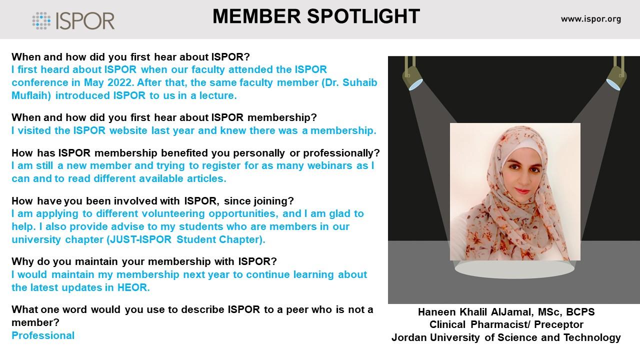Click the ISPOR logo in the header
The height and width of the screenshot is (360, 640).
[x=73, y=20]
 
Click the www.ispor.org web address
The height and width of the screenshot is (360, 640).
[x=591, y=19]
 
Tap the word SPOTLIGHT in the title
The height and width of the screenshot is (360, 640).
[x=363, y=16]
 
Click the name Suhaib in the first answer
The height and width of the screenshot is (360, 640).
[x=359, y=82]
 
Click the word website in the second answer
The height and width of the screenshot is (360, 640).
[x=128, y=130]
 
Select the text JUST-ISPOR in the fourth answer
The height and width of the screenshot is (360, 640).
[x=140, y=239]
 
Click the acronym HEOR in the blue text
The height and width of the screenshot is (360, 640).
[x=132, y=287]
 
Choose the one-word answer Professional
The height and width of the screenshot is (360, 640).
[x=43, y=335]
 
